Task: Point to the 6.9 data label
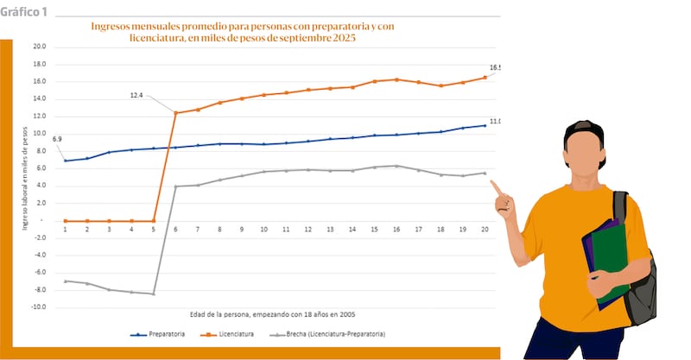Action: (x=58, y=139)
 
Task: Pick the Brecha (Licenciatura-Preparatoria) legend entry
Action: (x=333, y=333)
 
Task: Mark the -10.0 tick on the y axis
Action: (x=38, y=307)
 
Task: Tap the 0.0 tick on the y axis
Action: (x=41, y=220)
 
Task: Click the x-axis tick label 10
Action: (x=263, y=230)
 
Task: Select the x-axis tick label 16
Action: (x=396, y=230)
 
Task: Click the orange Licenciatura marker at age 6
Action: (x=175, y=113)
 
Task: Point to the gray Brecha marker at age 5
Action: (x=154, y=294)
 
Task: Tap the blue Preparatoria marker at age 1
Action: (x=66, y=161)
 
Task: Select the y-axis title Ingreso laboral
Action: (x=26, y=177)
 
